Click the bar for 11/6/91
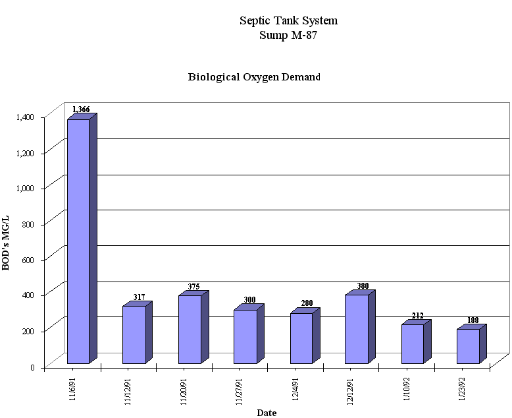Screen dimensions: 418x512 tap(78, 241)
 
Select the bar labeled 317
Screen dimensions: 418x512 tap(134, 334)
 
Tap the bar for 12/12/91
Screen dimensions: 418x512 tap(356, 328)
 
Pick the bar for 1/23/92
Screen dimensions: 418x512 tap(468, 345)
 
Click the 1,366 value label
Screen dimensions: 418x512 tap(81, 109)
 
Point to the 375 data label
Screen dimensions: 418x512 tap(192, 287)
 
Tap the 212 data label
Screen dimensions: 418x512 tap(417, 316)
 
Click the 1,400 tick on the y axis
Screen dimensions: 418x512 tap(25, 117)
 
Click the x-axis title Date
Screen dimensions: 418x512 tap(267, 413)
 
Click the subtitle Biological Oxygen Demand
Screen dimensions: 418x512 tap(254, 77)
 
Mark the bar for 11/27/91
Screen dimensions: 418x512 tap(245, 336)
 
